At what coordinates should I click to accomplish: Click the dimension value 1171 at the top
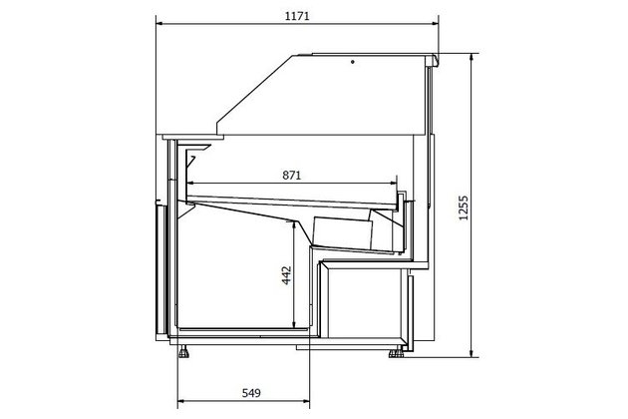[x=297, y=16]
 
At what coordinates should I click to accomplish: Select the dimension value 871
[x=291, y=176]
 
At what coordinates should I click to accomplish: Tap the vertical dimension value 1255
[x=463, y=208]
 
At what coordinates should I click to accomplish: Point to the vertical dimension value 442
[x=286, y=275]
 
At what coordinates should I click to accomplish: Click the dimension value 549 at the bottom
[x=251, y=393]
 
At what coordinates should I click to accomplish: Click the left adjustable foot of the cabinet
[x=183, y=352]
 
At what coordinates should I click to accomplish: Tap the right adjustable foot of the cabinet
[x=396, y=352]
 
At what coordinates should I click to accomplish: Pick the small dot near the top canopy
[x=353, y=62]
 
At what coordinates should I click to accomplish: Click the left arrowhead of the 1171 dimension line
[x=159, y=24]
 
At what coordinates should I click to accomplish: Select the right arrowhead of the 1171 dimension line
[x=435, y=24]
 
